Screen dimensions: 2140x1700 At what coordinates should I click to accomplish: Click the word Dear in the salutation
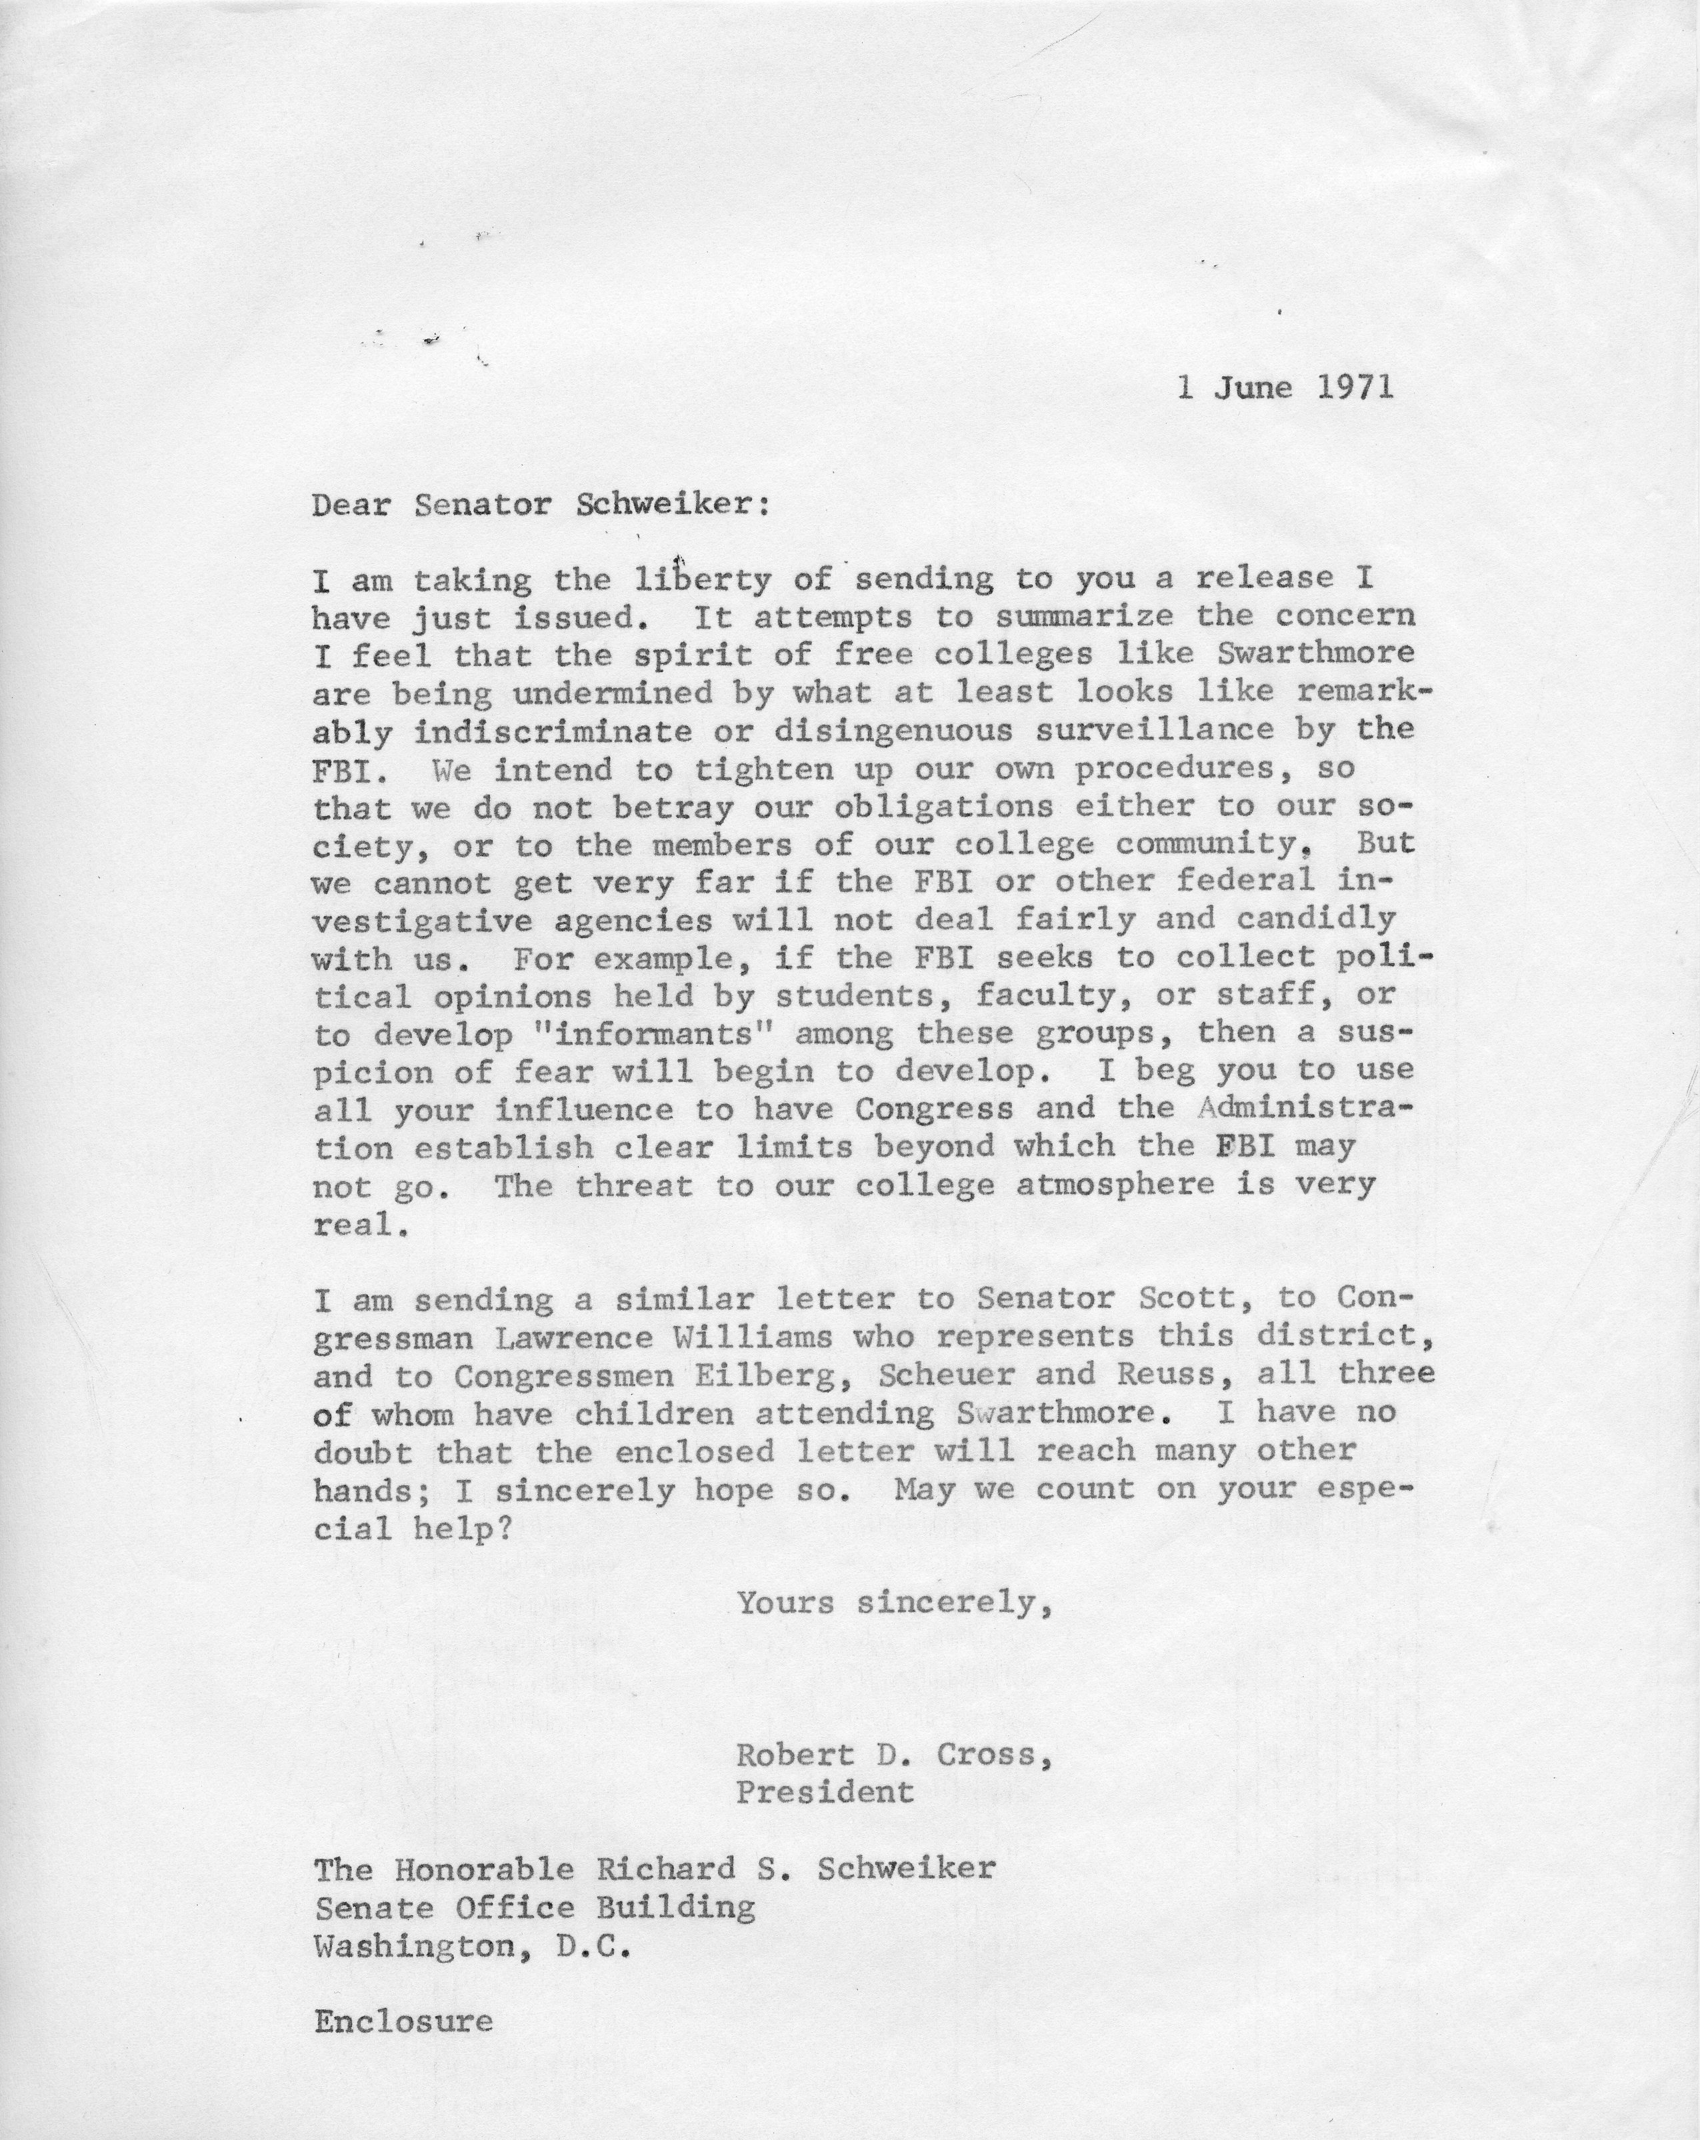tap(352, 505)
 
